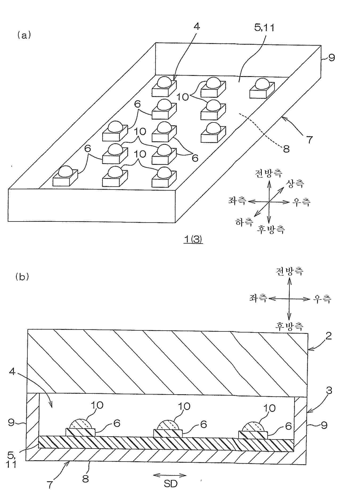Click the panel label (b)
coord(22,277)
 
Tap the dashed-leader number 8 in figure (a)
coord(286,149)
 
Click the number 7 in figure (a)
coord(309,140)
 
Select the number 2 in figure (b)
coord(329,336)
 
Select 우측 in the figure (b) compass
coord(322,299)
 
